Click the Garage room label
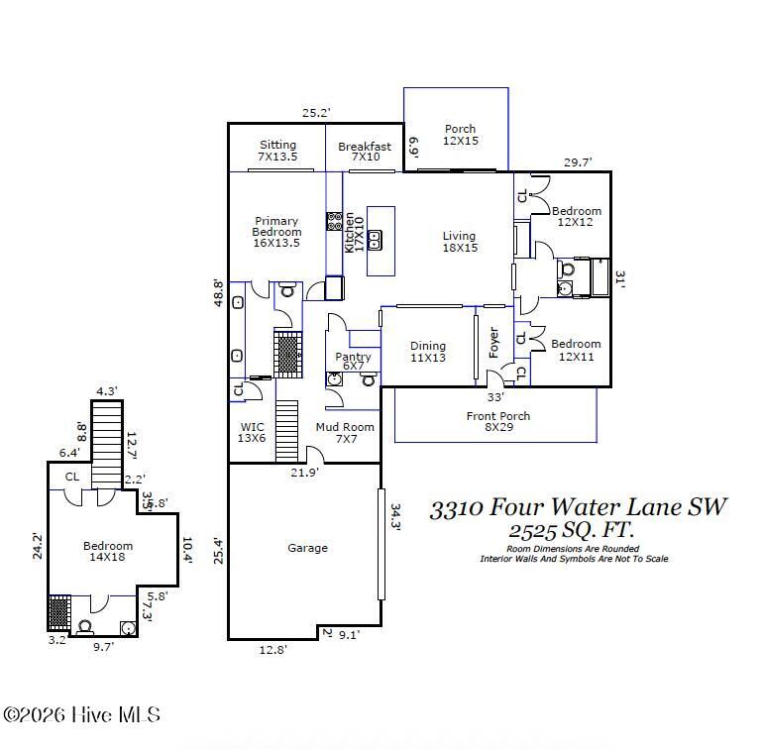[307, 548]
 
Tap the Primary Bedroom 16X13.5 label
[276, 233]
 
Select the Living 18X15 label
[459, 242]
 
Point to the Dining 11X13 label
[428, 352]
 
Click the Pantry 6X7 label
[353, 362]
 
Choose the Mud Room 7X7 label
[345, 433]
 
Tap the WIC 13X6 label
[253, 433]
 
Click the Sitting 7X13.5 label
[277, 151]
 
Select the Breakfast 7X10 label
[365, 152]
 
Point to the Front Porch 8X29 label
[497, 422]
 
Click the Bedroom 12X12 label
[577, 217]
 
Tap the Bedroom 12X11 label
[577, 351]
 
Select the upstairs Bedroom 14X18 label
[108, 552]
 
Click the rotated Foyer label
[493, 342]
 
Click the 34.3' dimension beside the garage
[395, 518]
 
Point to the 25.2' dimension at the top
[316, 113]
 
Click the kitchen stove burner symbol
[335, 221]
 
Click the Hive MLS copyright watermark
[81, 714]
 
